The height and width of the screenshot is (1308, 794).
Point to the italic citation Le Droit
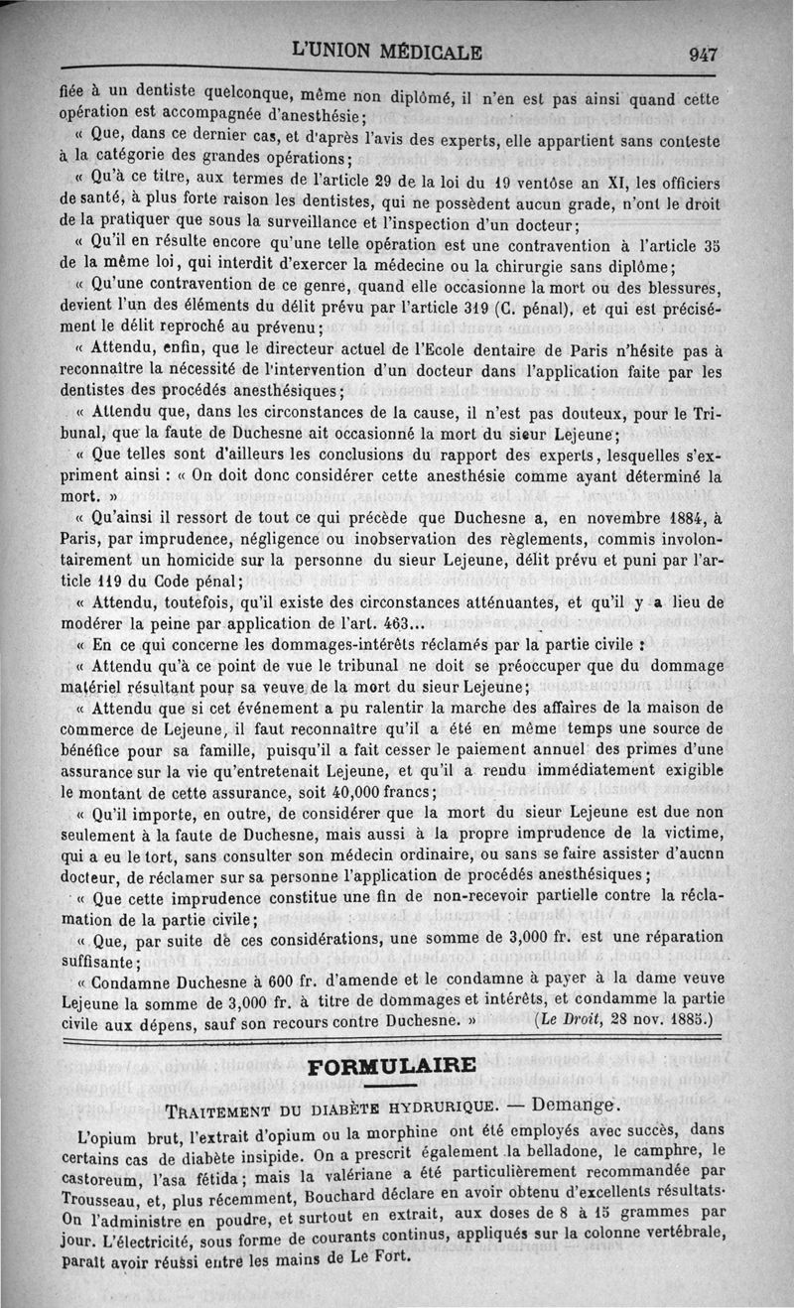tap(577, 1017)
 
